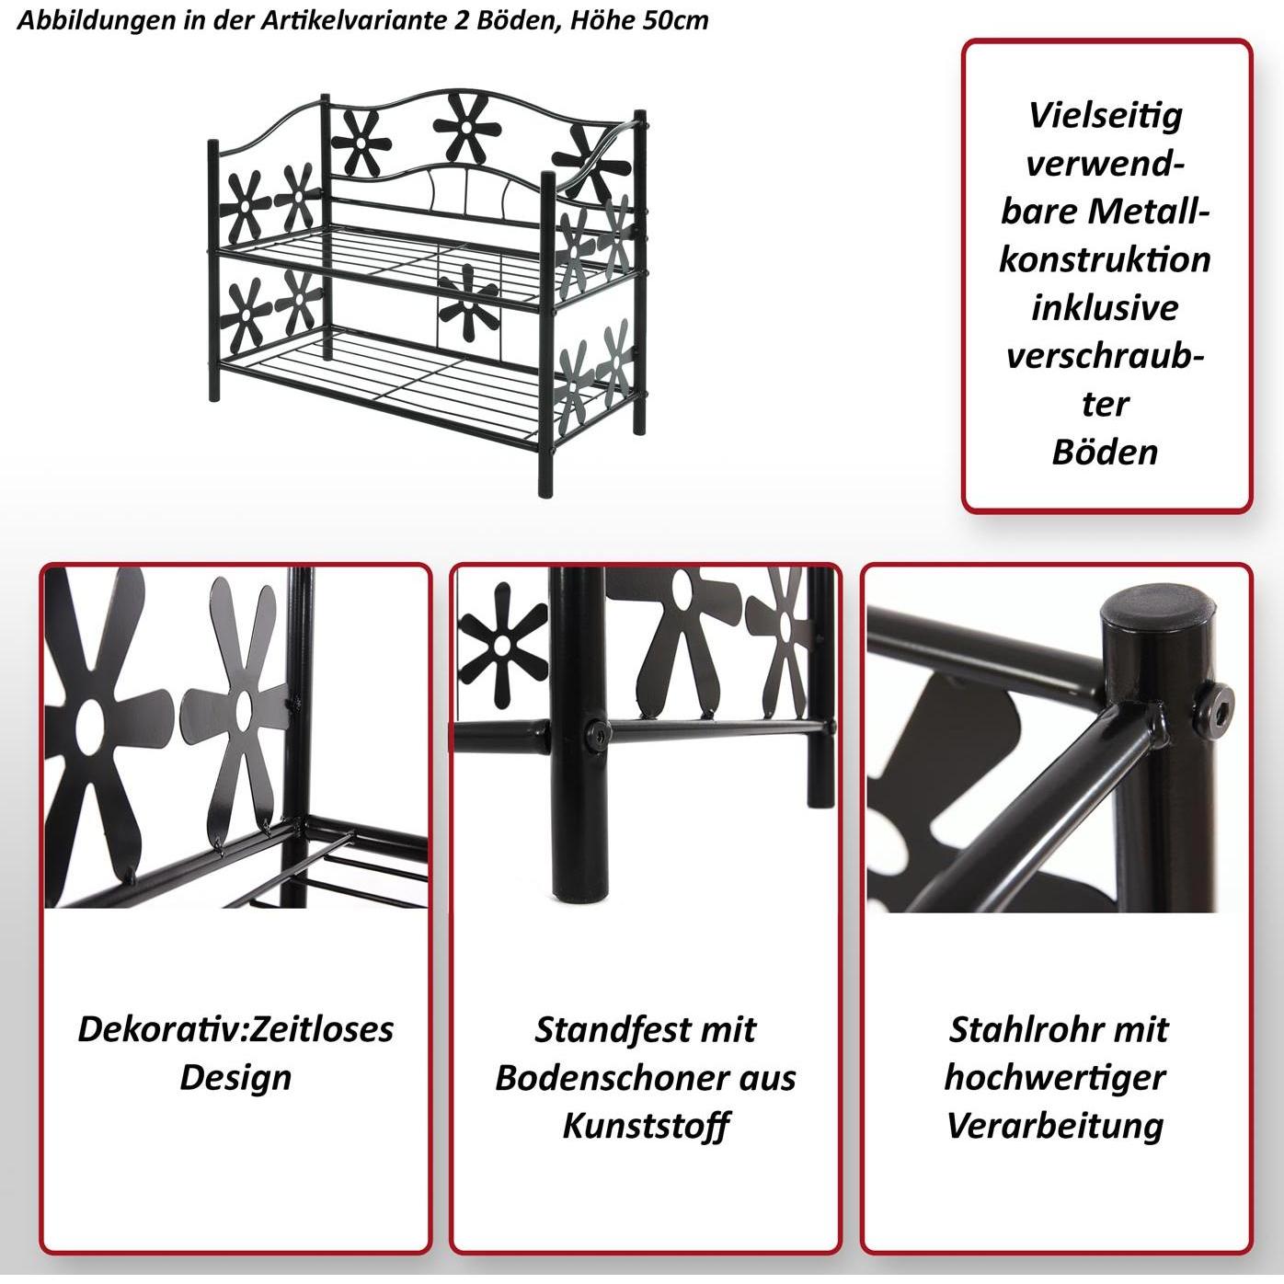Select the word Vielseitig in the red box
point(1106,117)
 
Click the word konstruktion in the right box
point(1105,259)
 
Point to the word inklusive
point(1105,308)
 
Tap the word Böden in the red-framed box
point(1105,453)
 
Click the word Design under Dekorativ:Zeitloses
point(235,1077)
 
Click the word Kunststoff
point(645,1126)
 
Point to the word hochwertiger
point(1055,1078)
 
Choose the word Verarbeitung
point(1055,1127)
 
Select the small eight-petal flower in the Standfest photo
point(504,644)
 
